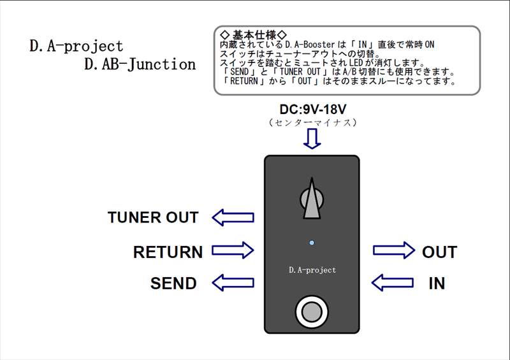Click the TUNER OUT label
click(x=153, y=218)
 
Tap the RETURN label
click(x=168, y=252)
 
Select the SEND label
click(x=173, y=283)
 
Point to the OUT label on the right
click(x=439, y=252)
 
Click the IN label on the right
click(x=437, y=283)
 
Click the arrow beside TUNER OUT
click(x=233, y=218)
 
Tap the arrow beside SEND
click(x=233, y=282)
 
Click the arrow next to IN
click(x=393, y=282)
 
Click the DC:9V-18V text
click(x=312, y=110)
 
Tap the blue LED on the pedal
click(x=311, y=243)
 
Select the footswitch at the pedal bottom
click(x=311, y=312)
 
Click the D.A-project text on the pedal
click(x=312, y=270)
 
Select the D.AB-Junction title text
click(x=140, y=64)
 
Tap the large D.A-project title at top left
click(x=76, y=46)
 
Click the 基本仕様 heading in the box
click(x=253, y=34)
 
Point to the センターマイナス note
click(x=312, y=122)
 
